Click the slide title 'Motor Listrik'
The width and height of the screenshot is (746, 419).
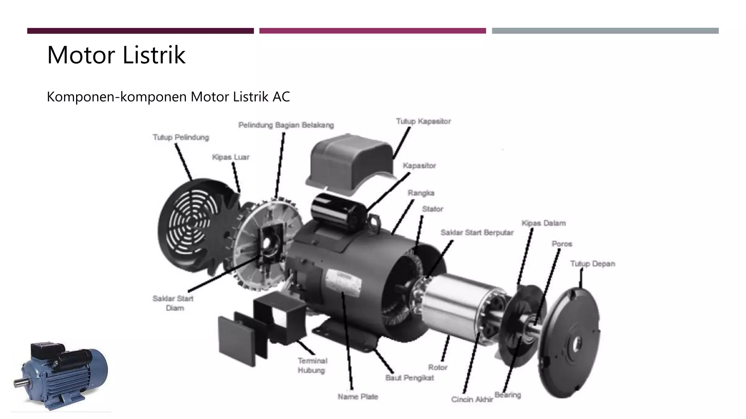click(116, 55)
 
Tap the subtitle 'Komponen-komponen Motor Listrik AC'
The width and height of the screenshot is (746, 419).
click(168, 97)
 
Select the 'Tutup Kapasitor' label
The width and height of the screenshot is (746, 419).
click(423, 121)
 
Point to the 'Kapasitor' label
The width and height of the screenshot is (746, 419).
click(419, 165)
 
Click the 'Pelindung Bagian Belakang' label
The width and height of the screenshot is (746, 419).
click(286, 125)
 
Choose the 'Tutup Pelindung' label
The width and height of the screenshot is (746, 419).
click(181, 137)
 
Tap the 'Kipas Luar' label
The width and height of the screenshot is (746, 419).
click(231, 157)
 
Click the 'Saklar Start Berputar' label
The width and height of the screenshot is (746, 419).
click(477, 232)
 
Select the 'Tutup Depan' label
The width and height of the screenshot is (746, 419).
click(592, 264)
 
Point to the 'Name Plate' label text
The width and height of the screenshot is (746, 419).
click(358, 396)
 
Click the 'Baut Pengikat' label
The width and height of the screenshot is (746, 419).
click(409, 378)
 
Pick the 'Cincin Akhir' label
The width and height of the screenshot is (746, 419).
click(472, 399)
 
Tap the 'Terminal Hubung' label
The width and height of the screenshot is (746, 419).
click(311, 366)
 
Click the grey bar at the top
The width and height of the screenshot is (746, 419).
click(605, 31)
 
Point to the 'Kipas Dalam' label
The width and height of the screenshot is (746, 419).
click(543, 223)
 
